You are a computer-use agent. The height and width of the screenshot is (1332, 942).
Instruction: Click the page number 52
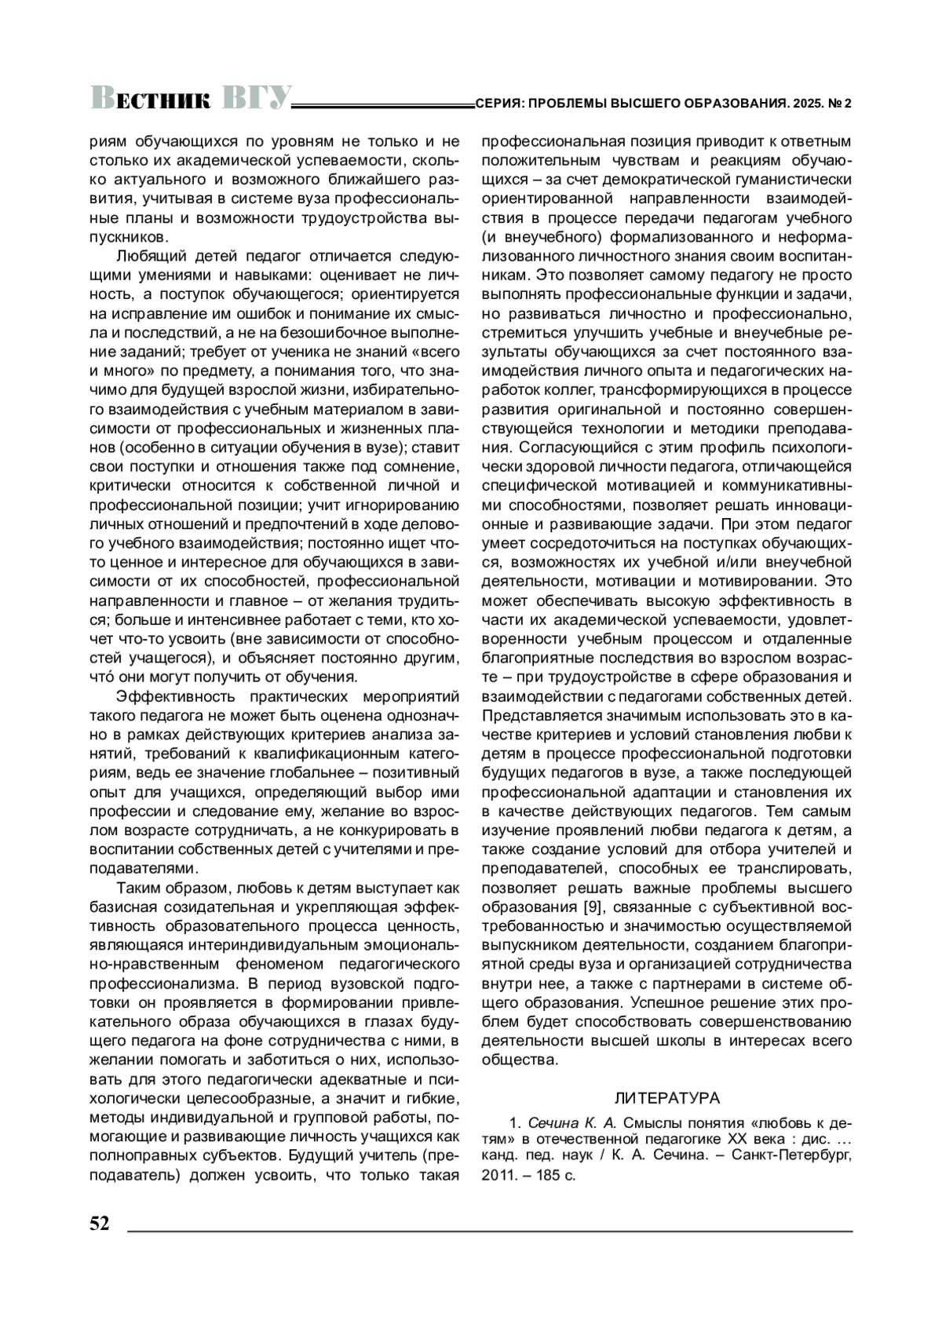tap(100, 1224)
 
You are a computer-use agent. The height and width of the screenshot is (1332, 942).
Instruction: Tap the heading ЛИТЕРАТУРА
tap(666, 1097)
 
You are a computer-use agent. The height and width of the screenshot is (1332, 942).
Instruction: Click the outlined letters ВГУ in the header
tap(257, 98)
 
